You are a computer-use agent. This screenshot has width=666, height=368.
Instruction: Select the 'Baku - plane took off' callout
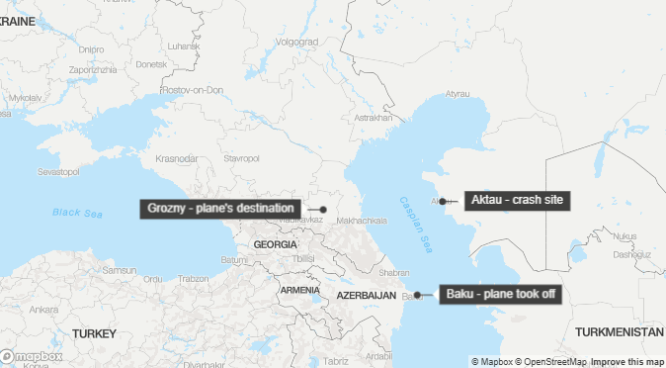tap(500, 295)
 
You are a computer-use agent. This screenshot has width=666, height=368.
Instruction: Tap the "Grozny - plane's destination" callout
tap(220, 209)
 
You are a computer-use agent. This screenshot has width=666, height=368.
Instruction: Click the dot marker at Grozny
tap(323, 210)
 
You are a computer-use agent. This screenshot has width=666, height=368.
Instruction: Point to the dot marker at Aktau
tap(443, 201)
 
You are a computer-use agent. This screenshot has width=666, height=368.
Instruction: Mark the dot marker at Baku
tap(418, 295)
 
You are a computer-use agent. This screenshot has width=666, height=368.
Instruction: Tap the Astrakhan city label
tap(373, 118)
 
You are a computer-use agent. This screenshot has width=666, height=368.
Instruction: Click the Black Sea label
tap(78, 212)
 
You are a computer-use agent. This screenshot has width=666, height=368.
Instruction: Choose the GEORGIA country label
tap(275, 243)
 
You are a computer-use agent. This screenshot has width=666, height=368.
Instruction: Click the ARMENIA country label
tap(299, 290)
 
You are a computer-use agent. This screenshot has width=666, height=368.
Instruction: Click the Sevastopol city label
tap(57, 171)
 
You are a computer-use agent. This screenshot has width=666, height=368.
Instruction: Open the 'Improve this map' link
tap(627, 361)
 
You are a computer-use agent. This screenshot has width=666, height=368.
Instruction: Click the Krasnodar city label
tap(176, 158)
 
